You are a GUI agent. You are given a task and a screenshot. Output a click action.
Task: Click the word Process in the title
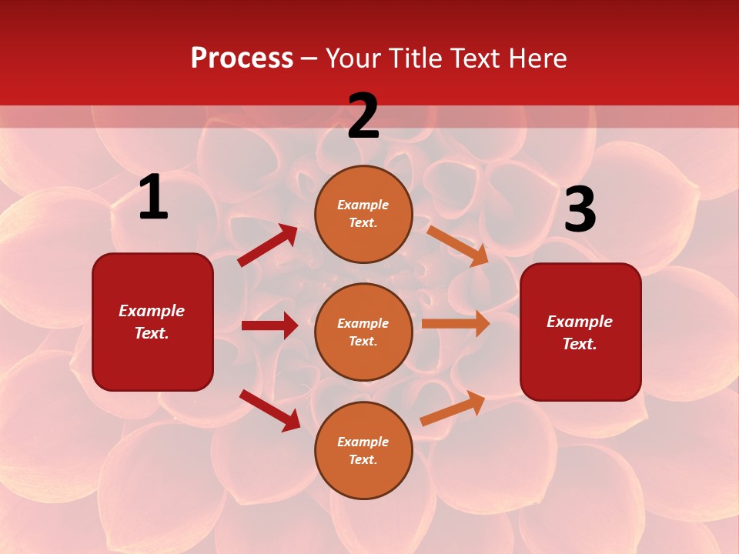(242, 58)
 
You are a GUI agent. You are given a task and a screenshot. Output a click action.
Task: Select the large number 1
(153, 198)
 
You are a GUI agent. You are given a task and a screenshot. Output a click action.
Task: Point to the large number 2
(363, 117)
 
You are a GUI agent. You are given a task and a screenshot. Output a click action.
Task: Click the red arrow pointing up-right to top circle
(268, 245)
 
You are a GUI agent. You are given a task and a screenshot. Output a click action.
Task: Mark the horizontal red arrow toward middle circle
(269, 325)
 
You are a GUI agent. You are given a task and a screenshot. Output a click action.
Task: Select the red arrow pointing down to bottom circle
(270, 410)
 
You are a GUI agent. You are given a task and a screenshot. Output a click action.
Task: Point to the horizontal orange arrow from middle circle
(456, 323)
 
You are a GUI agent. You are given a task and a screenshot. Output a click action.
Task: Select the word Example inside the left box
(152, 311)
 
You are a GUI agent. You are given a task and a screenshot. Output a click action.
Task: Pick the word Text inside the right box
(578, 344)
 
